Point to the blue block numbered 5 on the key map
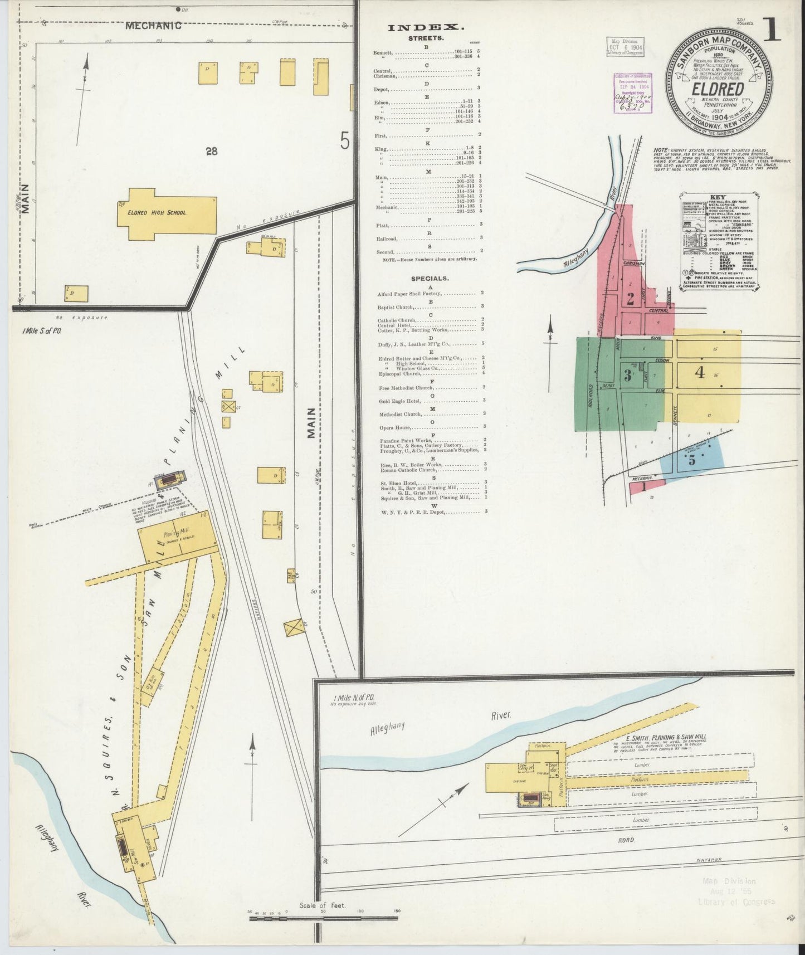(692, 460)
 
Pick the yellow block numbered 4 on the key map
(700, 372)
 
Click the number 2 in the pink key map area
(630, 299)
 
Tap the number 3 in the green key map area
(627, 376)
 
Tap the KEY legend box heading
(718, 197)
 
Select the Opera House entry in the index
(394, 427)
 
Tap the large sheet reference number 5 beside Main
(344, 142)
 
